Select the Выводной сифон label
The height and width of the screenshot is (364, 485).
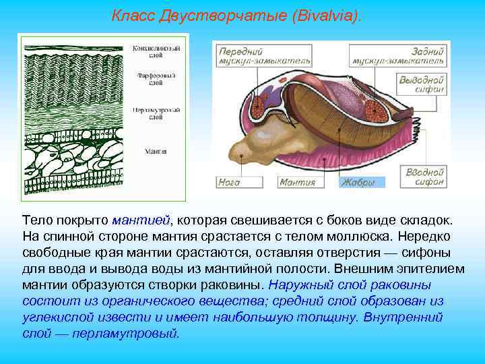point(421,84)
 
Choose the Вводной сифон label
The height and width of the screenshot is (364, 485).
point(424,177)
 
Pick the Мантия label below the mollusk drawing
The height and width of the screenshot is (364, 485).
point(297,182)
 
